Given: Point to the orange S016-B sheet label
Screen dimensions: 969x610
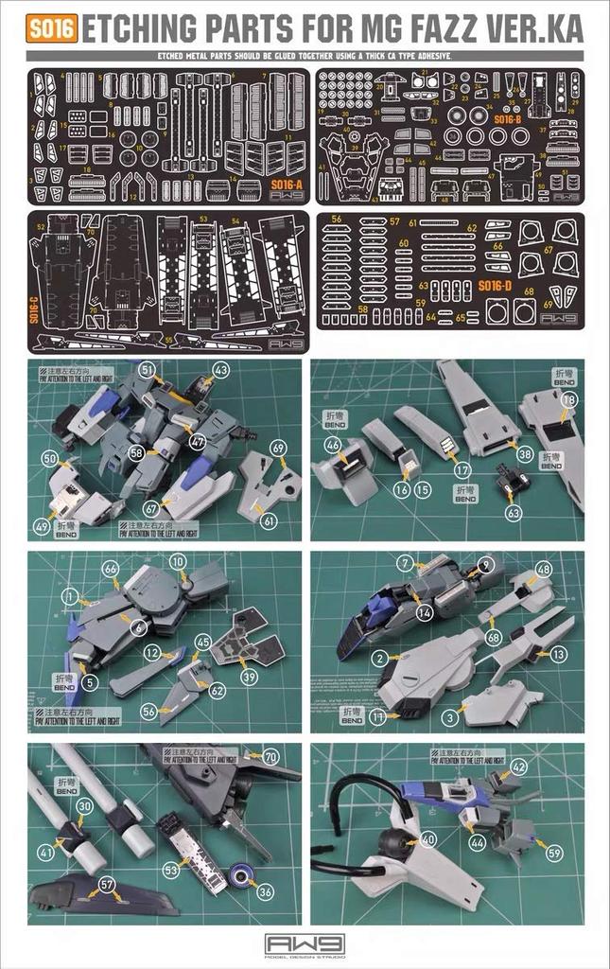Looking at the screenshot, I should (508, 119).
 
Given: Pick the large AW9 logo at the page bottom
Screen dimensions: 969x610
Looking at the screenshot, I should (305, 944).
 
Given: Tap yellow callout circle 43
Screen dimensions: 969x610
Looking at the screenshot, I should (220, 370).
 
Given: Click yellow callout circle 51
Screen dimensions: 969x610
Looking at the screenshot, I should (147, 369).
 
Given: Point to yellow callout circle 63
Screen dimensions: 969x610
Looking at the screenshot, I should (514, 513).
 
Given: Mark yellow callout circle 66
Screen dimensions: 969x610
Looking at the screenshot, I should (111, 568).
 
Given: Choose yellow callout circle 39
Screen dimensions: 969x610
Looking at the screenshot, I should (249, 678).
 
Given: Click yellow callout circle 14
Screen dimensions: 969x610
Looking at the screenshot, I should (425, 612).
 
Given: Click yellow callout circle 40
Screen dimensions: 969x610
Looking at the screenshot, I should (428, 838).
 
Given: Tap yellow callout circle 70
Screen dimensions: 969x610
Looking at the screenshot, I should (270, 756).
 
